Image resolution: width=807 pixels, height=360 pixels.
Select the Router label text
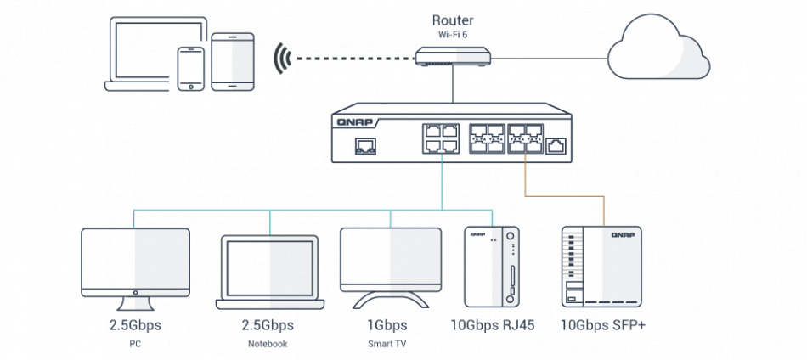pos(454,20)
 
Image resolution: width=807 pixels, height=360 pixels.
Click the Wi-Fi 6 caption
pos(454,35)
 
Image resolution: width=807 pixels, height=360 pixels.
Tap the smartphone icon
pos(190,68)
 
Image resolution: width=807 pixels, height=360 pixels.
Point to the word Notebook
pos(269,344)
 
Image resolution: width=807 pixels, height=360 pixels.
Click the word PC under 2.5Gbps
pos(135,344)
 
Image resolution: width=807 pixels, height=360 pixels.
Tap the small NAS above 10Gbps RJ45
pos(492,267)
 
